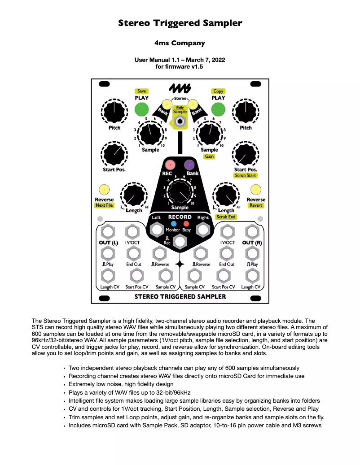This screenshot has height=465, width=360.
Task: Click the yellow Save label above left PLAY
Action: coord(142,91)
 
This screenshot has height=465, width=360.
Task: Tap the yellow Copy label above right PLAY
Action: coord(218,91)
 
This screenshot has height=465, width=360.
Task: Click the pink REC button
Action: coord(170,165)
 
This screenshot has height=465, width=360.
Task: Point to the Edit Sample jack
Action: coord(180,122)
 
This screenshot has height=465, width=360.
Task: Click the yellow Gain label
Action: coord(209,156)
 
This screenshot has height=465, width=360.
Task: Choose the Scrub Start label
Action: coord(246,175)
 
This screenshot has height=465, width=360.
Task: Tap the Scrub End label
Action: coord(226,217)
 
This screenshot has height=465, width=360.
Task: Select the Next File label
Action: coord(104,205)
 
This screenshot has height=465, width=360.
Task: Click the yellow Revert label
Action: coord(256,205)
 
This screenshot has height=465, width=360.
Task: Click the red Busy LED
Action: coord(186,223)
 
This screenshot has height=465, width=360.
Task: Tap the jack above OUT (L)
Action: coord(107,232)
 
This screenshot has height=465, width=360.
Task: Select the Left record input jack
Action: coord(156,230)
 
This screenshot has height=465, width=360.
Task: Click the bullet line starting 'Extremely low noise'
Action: coord(121,384)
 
